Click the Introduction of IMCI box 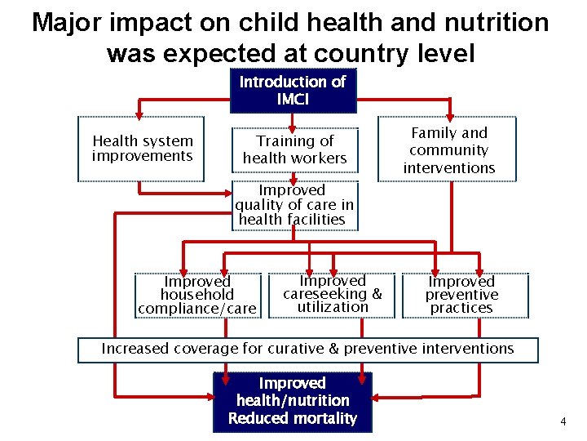click(293, 91)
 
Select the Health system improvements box click(142, 149)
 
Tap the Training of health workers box click(295, 149)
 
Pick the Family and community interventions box click(448, 150)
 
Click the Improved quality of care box click(294, 204)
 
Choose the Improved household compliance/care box click(197, 295)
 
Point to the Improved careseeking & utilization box click(332, 294)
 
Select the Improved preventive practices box click(461, 295)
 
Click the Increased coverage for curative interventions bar click(307, 350)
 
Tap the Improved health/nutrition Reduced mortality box click(293, 401)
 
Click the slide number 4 click(562, 421)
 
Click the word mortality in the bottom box click(324, 419)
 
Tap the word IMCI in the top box click(293, 100)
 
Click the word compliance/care click(197, 309)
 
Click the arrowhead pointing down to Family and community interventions click(449, 115)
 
